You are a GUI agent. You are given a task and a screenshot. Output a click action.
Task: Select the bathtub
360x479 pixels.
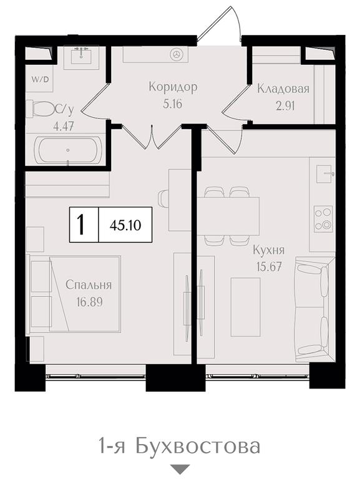(x=67, y=150)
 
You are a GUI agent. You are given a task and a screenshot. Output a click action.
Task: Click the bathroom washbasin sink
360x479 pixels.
(x=81, y=55)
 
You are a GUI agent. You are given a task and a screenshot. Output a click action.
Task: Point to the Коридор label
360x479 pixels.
(x=173, y=87)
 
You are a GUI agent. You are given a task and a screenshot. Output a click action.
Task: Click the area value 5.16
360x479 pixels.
(x=173, y=104)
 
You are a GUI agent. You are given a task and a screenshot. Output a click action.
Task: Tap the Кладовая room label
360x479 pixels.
(x=283, y=89)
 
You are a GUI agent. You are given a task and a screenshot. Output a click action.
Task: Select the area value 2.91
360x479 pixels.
(x=285, y=106)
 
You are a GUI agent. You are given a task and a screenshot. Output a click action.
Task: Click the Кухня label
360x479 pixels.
(x=269, y=251)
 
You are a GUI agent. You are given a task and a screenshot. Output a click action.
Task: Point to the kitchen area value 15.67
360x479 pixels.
(x=269, y=267)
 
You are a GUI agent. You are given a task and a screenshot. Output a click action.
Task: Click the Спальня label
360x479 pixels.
(x=89, y=285)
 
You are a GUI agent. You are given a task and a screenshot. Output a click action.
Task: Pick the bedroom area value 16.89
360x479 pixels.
(x=90, y=302)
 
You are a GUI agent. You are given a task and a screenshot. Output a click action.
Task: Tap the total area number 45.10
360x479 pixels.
(x=125, y=225)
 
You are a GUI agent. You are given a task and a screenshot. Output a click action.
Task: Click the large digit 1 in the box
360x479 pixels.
(x=81, y=225)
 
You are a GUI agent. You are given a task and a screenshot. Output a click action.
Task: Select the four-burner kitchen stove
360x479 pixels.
(x=323, y=219)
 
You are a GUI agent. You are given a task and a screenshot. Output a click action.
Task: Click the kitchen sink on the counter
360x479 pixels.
(x=324, y=174)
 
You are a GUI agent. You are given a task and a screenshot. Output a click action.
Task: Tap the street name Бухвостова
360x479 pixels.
(x=198, y=446)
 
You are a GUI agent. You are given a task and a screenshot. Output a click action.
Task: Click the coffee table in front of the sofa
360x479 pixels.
(x=245, y=307)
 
